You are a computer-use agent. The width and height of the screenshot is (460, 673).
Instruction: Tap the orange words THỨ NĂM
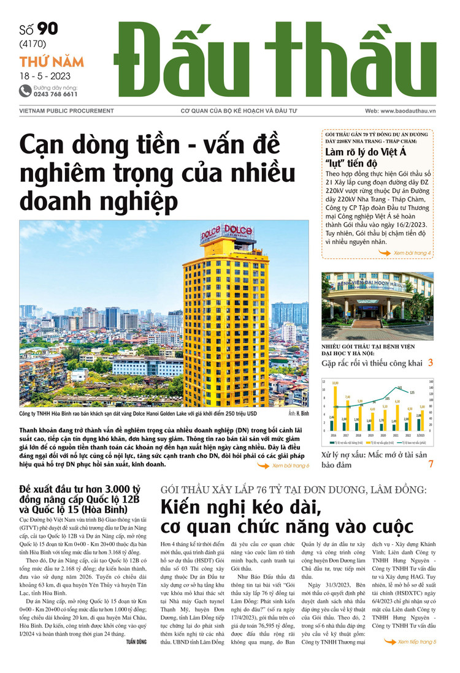[52, 62]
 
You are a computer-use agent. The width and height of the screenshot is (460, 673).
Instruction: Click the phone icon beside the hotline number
[25, 91]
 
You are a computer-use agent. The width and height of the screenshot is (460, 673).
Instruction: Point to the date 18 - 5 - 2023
[45, 77]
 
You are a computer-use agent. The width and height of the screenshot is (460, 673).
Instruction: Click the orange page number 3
[431, 363]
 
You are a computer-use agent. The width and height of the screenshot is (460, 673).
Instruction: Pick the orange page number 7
[431, 464]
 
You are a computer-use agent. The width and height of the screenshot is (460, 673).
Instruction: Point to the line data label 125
[412, 393]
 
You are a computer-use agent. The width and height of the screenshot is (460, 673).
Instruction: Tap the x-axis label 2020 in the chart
[384, 437]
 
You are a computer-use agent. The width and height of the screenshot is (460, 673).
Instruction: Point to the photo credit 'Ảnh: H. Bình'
[297, 414]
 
